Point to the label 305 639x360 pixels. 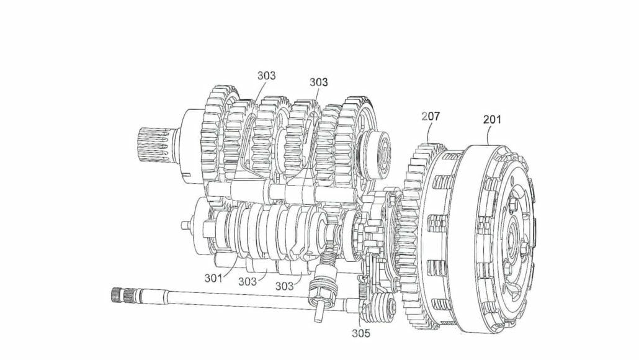(x=360, y=333)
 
